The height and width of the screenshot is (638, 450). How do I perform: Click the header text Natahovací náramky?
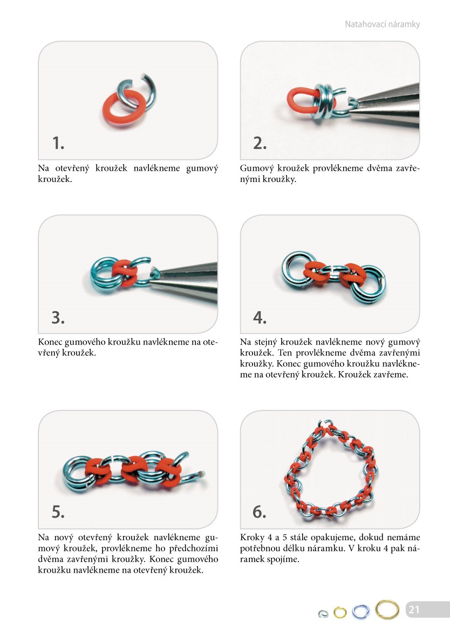(382, 24)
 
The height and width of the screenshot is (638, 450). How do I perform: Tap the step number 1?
(58, 143)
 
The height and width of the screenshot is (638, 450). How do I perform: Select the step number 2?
(260, 143)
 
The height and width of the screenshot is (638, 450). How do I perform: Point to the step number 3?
(58, 317)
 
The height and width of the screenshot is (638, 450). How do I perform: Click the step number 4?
(260, 317)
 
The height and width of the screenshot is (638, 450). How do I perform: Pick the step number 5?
(58, 512)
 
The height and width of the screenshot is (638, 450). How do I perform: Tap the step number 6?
(260, 512)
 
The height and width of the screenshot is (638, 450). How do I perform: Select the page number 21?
(414, 609)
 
